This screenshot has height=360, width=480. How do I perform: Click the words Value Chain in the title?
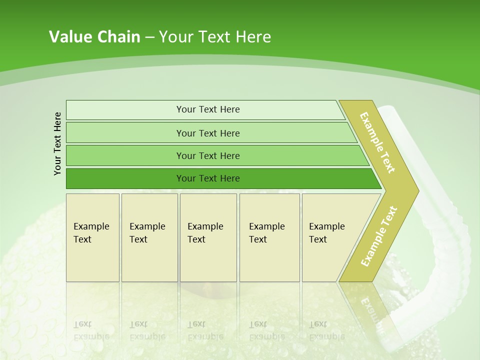(94, 37)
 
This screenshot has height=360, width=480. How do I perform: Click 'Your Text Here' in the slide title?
(215, 37)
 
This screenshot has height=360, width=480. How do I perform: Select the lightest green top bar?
(125, 109)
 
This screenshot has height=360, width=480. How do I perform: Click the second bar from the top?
(125, 133)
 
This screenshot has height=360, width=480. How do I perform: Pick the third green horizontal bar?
(125, 155)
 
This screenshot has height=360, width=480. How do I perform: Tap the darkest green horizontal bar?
(125, 178)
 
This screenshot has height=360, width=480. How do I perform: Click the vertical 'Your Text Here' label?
(57, 143)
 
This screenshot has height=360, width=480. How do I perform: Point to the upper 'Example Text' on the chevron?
(377, 142)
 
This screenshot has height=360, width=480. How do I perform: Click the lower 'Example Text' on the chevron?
(378, 236)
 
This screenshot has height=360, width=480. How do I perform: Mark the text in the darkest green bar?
(208, 178)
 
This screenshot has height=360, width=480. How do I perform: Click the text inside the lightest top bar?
(208, 109)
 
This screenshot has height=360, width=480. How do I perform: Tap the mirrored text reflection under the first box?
(91, 330)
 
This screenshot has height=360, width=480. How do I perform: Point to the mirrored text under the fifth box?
(326, 330)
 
